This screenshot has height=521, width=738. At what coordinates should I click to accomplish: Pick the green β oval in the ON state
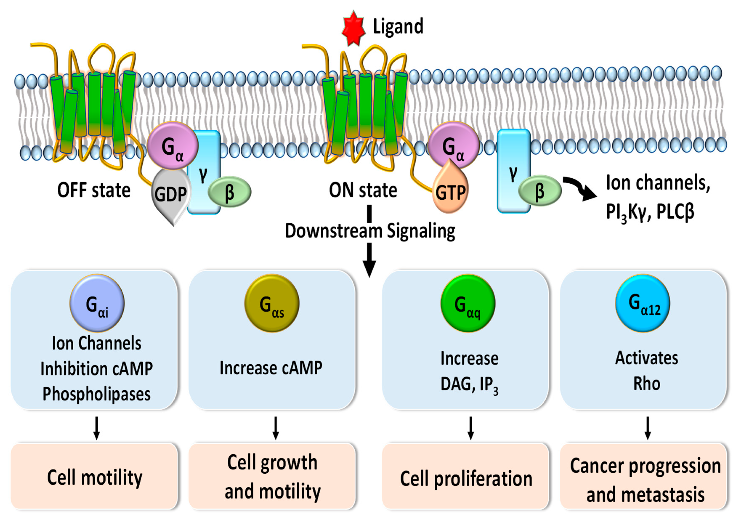540,190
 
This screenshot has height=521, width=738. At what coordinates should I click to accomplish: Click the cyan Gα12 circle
643,302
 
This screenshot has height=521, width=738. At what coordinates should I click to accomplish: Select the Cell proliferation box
465,476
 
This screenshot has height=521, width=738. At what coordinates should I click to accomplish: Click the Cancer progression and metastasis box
644,476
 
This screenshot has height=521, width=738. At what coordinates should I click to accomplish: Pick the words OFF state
94,190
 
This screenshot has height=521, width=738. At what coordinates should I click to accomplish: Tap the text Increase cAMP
271,368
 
